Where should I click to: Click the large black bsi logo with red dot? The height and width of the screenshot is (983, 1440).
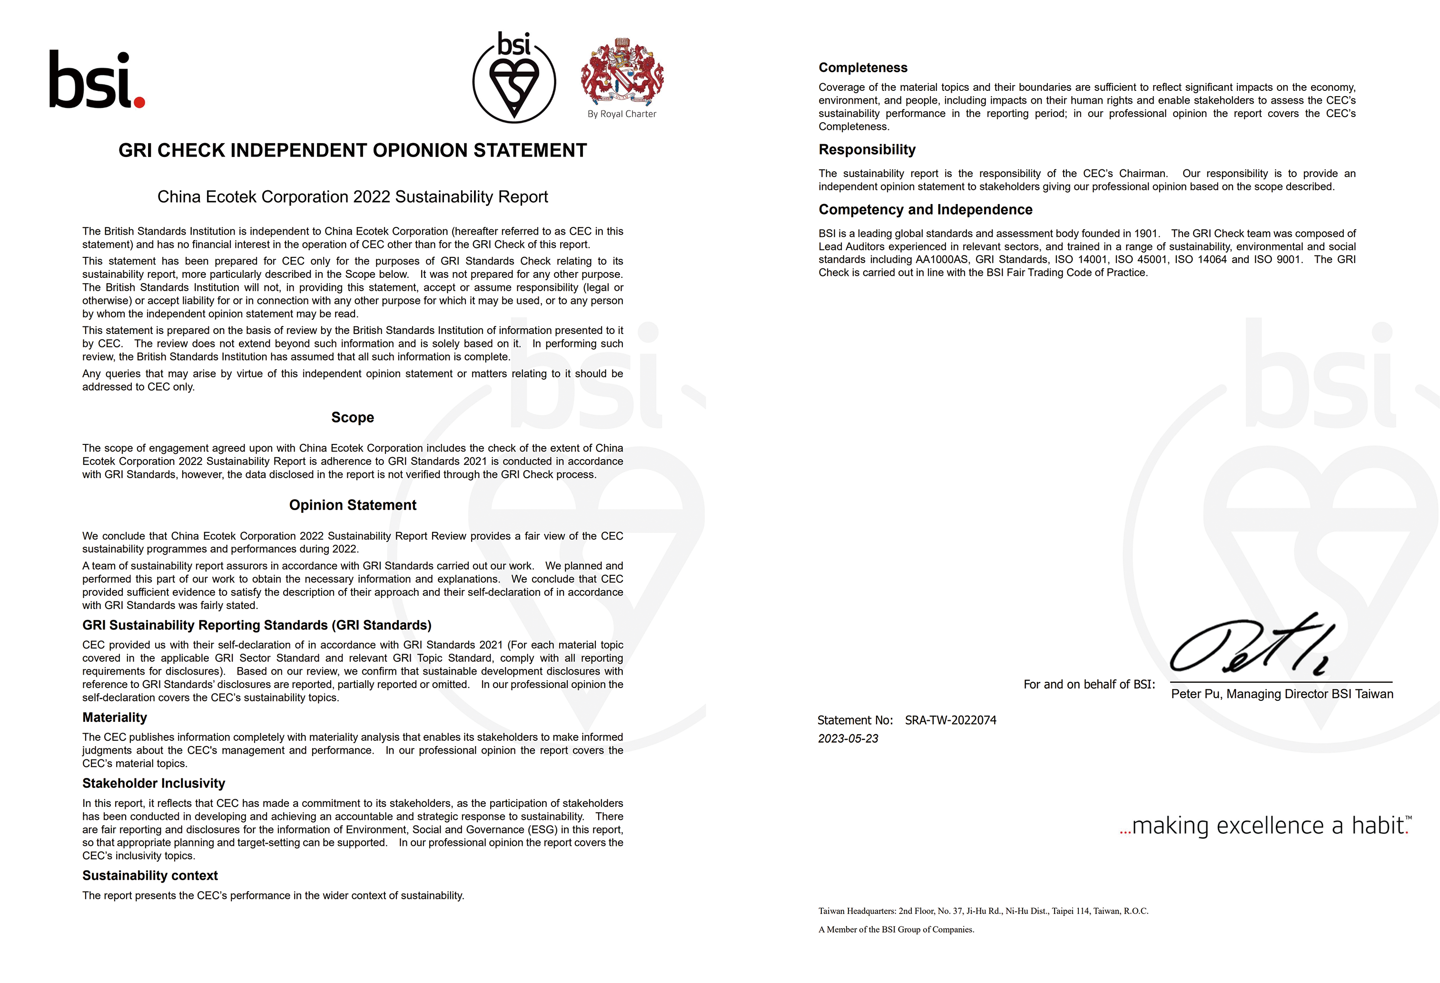(97, 80)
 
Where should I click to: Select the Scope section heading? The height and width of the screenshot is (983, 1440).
(353, 417)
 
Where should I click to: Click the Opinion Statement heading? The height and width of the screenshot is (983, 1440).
(353, 505)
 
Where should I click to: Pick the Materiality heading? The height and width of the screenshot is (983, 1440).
(115, 718)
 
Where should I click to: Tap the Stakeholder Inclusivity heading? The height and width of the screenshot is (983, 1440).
(154, 783)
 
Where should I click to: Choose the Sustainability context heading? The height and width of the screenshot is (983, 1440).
(150, 875)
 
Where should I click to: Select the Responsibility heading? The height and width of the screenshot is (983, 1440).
(867, 149)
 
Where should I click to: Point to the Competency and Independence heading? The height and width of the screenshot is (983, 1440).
(925, 209)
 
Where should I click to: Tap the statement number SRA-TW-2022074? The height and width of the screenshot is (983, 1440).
(950, 720)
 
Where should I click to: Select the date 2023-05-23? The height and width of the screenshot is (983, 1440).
(848, 738)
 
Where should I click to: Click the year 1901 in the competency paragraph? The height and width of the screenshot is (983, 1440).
(1146, 234)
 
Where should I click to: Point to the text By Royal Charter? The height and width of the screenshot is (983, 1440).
(621, 114)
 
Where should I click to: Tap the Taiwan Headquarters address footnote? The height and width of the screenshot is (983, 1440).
(983, 911)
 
